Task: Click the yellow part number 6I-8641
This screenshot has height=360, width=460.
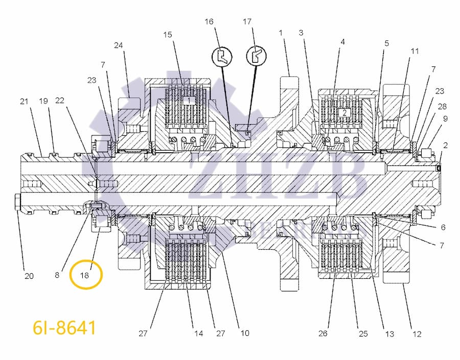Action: pos(64,327)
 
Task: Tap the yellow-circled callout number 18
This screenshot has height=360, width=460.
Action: pos(85,275)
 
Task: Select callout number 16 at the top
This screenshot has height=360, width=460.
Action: pos(210,22)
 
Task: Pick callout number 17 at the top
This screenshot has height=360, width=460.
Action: pos(247,22)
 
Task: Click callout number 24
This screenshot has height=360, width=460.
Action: pos(118,45)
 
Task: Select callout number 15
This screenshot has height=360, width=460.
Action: pos(168,35)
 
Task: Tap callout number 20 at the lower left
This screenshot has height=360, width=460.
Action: pos(29,276)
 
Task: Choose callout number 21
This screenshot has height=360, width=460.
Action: pos(24,102)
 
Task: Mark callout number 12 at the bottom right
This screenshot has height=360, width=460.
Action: pos(417,334)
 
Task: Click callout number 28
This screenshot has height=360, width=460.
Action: pos(442,106)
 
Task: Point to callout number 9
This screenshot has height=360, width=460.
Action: pos(445,118)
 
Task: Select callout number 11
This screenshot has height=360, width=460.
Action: pos(415,51)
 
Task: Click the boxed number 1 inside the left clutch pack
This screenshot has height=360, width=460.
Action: pos(190,101)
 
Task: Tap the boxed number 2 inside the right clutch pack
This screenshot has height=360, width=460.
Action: pos(344,112)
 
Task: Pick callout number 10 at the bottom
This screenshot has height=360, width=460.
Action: pos(245,333)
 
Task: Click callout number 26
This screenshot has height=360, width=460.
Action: pos(323,334)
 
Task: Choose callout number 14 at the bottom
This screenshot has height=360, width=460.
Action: pos(198,333)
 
